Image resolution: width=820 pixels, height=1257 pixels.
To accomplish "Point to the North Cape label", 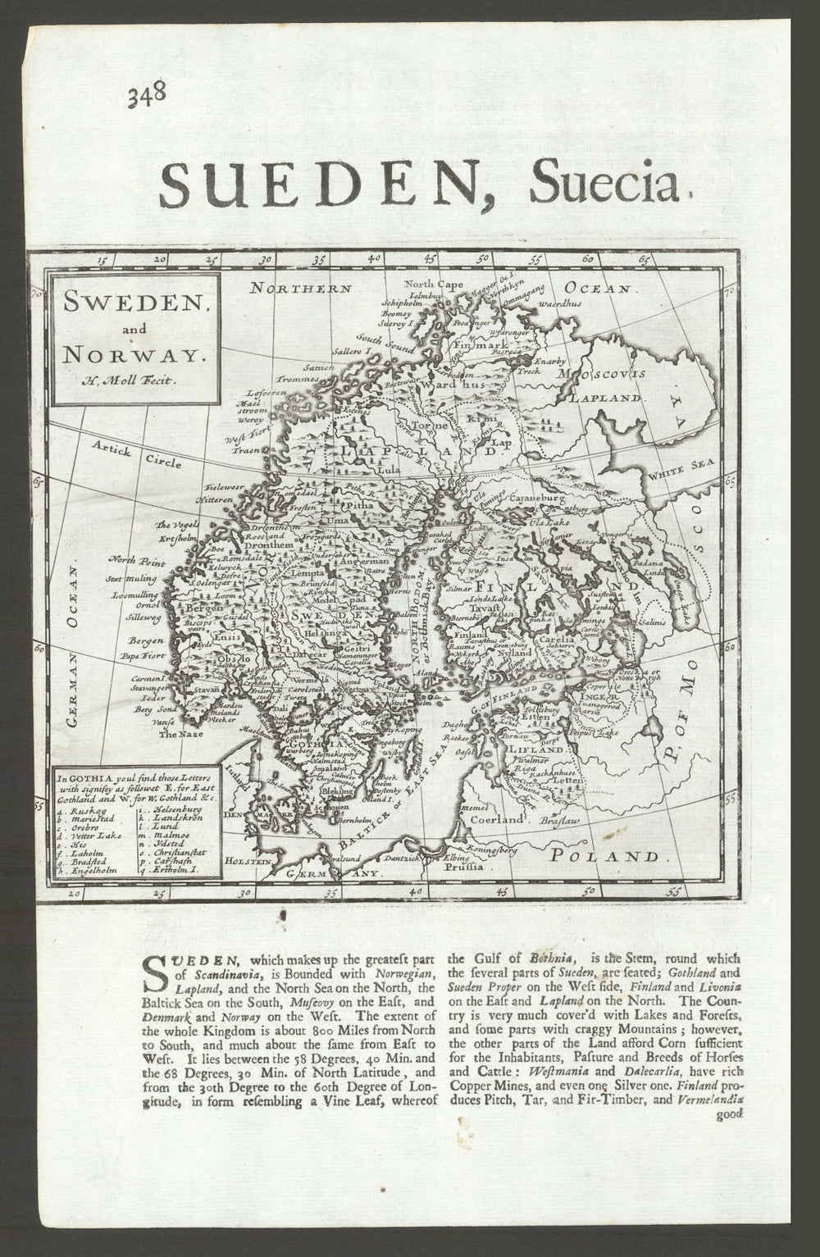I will (x=433, y=285).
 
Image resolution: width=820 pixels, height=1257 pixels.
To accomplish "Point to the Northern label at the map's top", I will (x=301, y=289).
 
